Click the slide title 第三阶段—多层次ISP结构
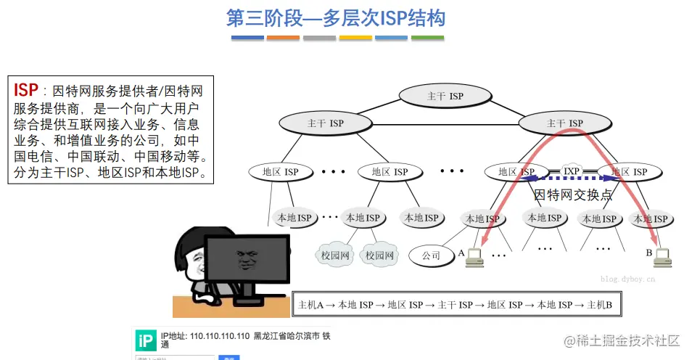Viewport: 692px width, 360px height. point(335,17)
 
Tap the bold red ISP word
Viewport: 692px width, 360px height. point(26,90)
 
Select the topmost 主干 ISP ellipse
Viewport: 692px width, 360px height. point(445,96)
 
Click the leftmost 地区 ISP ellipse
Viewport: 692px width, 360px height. point(280,172)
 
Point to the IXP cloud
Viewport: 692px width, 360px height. point(572,171)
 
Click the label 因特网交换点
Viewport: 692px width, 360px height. point(573,195)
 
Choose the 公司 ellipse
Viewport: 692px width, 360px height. point(431,255)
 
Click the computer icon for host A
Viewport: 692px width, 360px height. point(475,256)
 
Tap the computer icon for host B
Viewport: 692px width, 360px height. point(662,256)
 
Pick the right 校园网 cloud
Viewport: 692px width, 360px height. point(379,255)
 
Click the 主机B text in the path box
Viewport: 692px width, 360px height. point(599,306)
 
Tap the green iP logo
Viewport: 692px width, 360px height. point(146,341)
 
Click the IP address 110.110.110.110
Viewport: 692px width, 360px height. point(220,337)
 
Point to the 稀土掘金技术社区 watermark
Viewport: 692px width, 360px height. point(622,340)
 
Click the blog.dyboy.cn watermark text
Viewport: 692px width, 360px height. point(627,278)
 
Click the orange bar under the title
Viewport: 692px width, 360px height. point(355,37)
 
